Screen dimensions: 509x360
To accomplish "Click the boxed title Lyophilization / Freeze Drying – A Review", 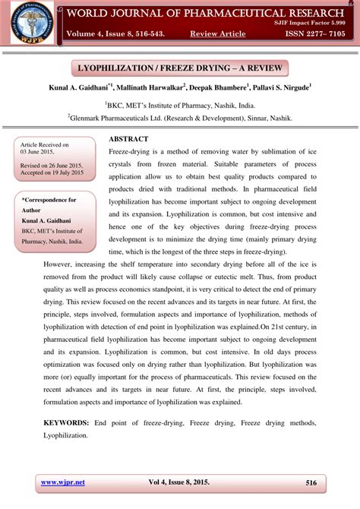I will click(180, 69).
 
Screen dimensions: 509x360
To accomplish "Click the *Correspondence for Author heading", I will click(49, 200).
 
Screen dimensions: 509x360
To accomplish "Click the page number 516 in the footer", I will click(311, 483).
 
